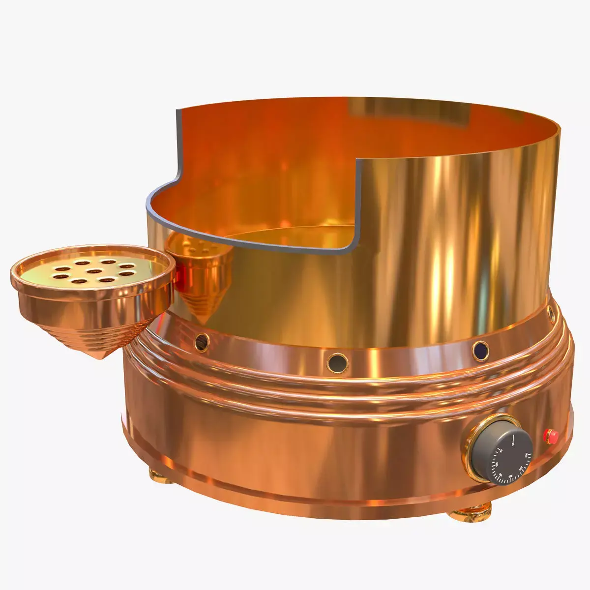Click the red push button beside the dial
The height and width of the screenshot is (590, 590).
[x=550, y=435]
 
